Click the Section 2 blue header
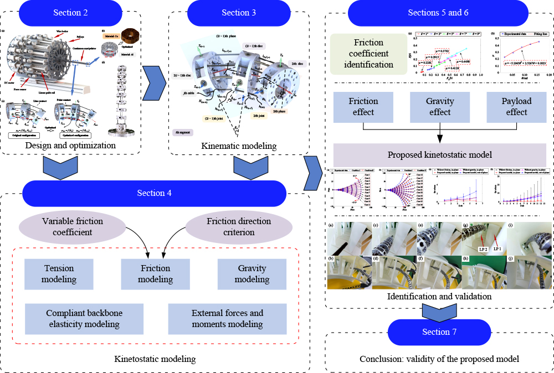(71, 13)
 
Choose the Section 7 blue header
(435, 331)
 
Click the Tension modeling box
(59, 274)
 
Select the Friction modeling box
(155, 274)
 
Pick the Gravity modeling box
(252, 274)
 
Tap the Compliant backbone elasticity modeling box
(84, 318)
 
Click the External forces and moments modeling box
(227, 318)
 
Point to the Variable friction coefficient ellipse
(73, 227)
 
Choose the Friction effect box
(363, 107)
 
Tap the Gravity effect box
(439, 107)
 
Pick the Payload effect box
(516, 107)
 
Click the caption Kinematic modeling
(238, 146)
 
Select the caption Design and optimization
(71, 146)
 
